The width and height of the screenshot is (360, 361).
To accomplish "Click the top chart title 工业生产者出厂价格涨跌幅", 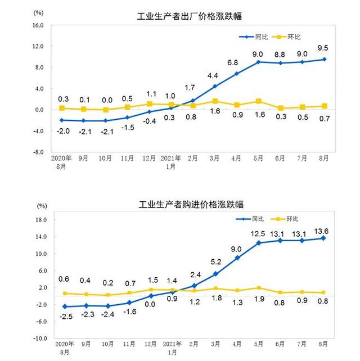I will click(x=190, y=16).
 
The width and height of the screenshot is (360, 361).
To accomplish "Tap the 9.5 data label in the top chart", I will click(x=323, y=48).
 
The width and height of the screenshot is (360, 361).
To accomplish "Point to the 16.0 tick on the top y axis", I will click(x=38, y=25).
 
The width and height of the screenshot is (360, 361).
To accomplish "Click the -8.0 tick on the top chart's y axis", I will click(x=38, y=152).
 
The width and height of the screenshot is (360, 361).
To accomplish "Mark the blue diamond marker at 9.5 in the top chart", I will click(x=323, y=59).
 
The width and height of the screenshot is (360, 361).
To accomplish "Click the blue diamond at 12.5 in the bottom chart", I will click(x=258, y=243).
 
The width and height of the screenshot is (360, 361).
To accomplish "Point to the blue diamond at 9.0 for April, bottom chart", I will click(x=237, y=258).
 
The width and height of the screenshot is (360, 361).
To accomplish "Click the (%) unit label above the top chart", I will click(x=39, y=12).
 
